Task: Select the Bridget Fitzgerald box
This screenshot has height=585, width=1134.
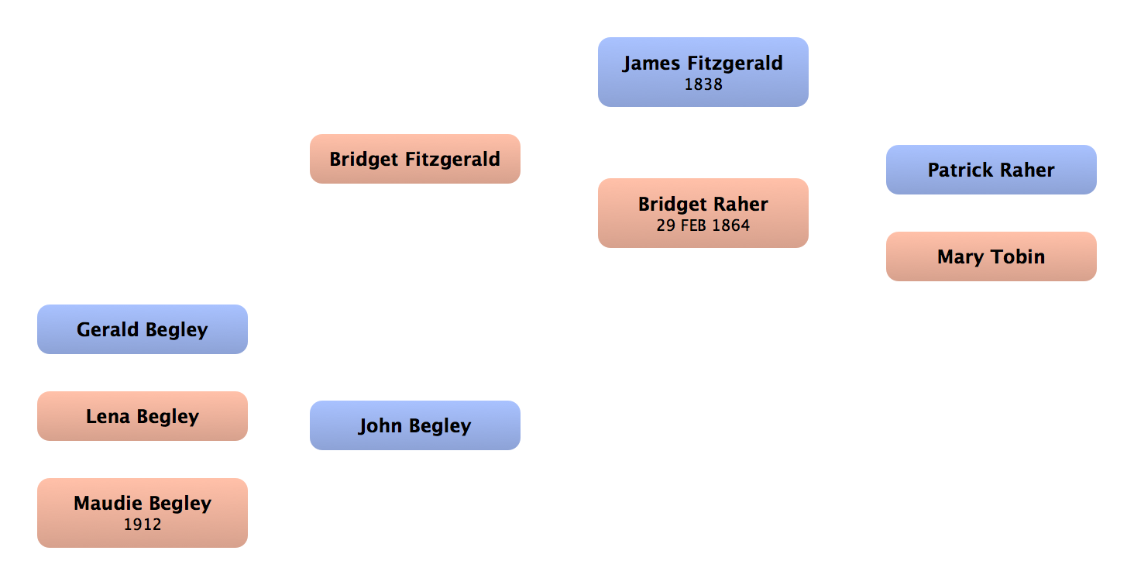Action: click(414, 159)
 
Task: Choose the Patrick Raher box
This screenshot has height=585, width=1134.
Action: click(991, 170)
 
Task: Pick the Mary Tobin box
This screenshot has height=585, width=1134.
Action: click(991, 256)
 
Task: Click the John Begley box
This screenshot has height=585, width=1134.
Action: click(414, 425)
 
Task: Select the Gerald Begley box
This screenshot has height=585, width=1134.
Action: click(142, 329)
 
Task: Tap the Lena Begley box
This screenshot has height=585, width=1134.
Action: click(142, 416)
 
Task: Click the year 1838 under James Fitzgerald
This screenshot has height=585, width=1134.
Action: click(703, 84)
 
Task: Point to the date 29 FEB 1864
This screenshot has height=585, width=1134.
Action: click(703, 226)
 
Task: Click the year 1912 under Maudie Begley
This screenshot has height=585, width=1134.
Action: click(143, 525)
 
